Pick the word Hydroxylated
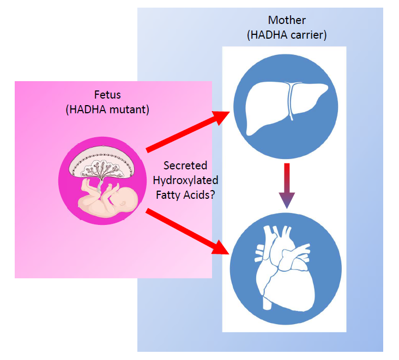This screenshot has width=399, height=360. (x=186, y=180)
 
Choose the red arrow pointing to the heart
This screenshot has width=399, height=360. (x=188, y=231)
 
